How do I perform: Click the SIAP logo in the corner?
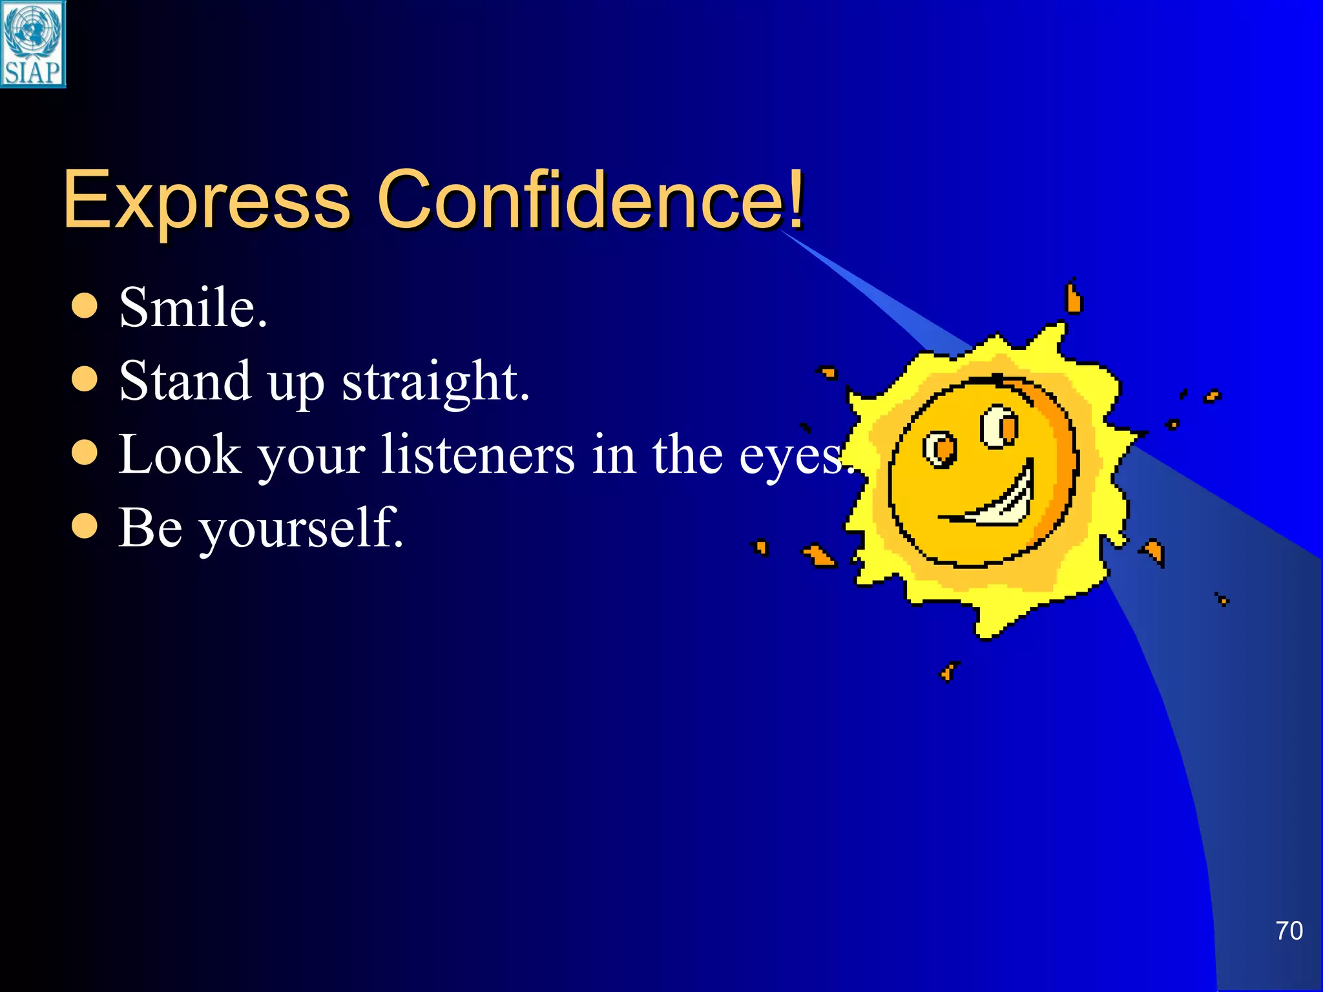click(x=32, y=44)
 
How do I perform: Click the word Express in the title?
click(x=206, y=200)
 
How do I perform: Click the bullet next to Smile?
click(x=85, y=306)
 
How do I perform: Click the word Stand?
click(x=185, y=381)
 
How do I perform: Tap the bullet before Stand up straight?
click(x=85, y=380)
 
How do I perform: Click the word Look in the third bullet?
click(x=179, y=455)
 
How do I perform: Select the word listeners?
click(x=477, y=455)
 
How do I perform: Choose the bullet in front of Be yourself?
click(x=85, y=526)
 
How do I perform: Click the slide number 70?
click(x=1289, y=931)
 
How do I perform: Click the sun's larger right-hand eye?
click(x=999, y=426)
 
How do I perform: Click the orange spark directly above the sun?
click(x=1073, y=298)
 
